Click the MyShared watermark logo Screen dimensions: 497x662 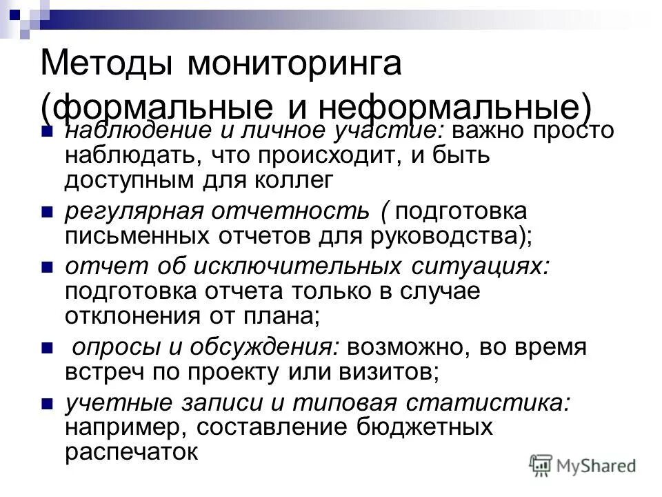pyautogui.click(x=583, y=466)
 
